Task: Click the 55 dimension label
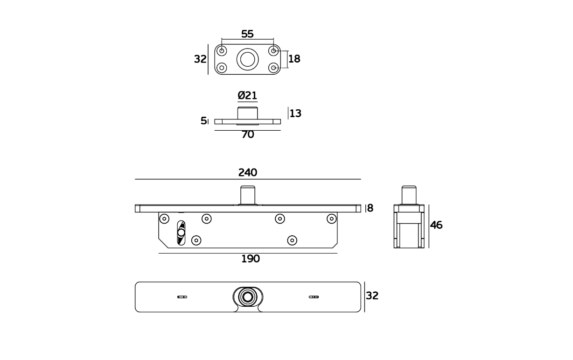point(247,34)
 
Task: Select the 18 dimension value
point(294,59)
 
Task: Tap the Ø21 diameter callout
point(247,96)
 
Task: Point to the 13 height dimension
point(295,113)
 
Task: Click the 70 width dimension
point(248,134)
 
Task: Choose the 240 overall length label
point(248,173)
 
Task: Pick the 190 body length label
point(251,259)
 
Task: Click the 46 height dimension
point(436,225)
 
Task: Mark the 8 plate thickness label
point(370,208)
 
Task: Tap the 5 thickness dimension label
point(203,120)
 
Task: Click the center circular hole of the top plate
point(248,59)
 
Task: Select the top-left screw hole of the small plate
point(222,51)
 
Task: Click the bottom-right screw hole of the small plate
point(273,68)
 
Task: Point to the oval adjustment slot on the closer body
point(181,233)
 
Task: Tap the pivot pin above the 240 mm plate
point(248,195)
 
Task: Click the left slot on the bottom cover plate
point(182,297)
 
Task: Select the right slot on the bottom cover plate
point(314,297)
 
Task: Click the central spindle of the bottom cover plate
point(248,297)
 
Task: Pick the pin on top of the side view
point(409,195)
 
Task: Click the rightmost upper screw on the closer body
point(331,219)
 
